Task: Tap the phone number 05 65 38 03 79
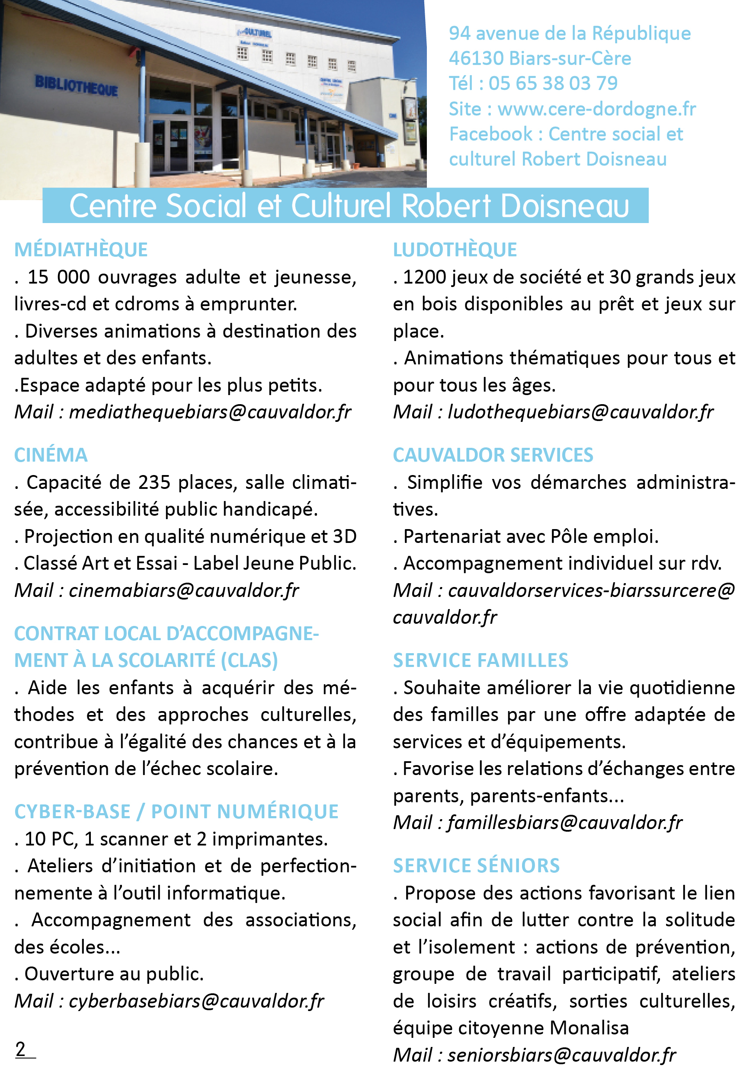[x=553, y=83]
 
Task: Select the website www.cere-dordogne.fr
[x=596, y=109]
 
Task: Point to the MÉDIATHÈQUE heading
[x=81, y=250]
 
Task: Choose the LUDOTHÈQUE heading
[x=455, y=250]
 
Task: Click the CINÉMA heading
[x=51, y=455]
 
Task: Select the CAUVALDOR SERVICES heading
[x=493, y=455]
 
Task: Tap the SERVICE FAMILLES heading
[x=481, y=660]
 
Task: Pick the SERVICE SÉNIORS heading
[x=476, y=866]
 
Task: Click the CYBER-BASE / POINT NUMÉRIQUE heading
[x=176, y=812]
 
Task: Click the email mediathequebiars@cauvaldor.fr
[x=210, y=412]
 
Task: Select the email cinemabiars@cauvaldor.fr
[x=184, y=590]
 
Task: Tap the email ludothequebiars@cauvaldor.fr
[x=580, y=412]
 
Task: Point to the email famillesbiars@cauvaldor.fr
[x=565, y=823]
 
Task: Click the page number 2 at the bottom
[x=21, y=1049]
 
